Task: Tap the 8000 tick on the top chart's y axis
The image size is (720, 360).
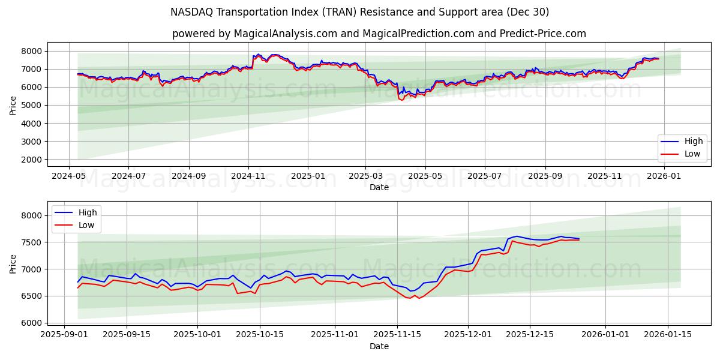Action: [x=34, y=51]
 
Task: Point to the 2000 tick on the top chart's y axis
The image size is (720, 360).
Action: [x=34, y=160]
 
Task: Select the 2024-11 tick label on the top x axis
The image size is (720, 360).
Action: [x=248, y=176]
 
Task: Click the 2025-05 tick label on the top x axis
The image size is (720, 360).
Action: [x=425, y=176]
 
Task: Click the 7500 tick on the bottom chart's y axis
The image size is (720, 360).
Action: [x=34, y=242]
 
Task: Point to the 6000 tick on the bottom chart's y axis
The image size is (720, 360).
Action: [x=34, y=323]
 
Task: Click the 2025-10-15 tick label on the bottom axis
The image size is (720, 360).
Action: [x=260, y=335]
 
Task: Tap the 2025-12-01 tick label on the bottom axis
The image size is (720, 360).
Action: [x=467, y=335]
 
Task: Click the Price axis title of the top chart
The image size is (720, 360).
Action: [x=13, y=105]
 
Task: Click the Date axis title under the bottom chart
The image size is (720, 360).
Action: [x=379, y=346]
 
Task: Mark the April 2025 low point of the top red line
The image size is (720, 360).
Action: [x=402, y=100]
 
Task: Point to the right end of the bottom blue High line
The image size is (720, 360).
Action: [x=579, y=239]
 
